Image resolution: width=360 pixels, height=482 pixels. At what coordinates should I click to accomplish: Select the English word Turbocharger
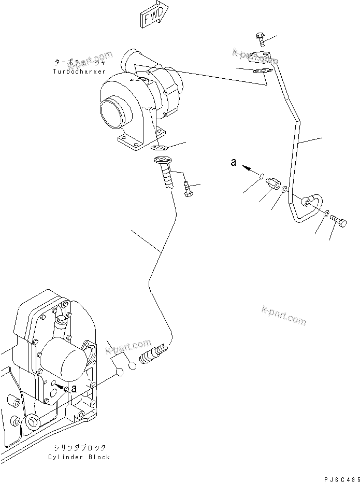pos(79,71)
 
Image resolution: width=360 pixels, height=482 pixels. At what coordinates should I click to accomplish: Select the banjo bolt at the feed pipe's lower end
pos(337,221)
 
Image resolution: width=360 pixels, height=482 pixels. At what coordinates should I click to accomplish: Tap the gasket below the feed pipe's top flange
pos(262,73)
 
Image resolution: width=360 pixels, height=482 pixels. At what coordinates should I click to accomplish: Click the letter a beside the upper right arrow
pos(234,163)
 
